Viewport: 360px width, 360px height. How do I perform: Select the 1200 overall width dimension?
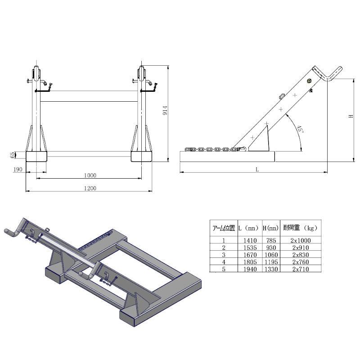pyautogui.click(x=90, y=188)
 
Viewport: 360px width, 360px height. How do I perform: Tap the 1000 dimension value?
pyautogui.click(x=90, y=175)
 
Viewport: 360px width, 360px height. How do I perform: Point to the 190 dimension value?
pyautogui.click(x=18, y=169)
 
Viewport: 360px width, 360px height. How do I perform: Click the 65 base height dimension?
pyautogui.click(x=12, y=155)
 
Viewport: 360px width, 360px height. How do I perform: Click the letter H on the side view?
pyautogui.click(x=351, y=116)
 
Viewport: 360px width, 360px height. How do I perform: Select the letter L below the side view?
pyautogui.click(x=257, y=169)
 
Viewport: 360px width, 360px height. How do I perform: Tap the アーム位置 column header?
pyautogui.click(x=223, y=228)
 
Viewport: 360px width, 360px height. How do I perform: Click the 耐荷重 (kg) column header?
pyautogui.click(x=301, y=228)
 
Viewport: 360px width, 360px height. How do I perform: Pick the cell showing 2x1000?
pyautogui.click(x=301, y=240)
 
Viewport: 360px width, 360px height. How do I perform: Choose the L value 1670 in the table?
pyautogui.click(x=249, y=255)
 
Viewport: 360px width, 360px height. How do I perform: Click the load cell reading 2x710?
pyautogui.click(x=301, y=269)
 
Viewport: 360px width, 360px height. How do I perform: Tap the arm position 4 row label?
pyautogui.click(x=223, y=262)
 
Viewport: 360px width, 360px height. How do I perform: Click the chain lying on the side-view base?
pyautogui.click(x=214, y=148)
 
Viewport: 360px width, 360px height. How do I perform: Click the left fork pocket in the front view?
pyautogui.click(x=36, y=156)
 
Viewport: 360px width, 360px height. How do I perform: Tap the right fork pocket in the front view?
pyautogui.click(x=142, y=156)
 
